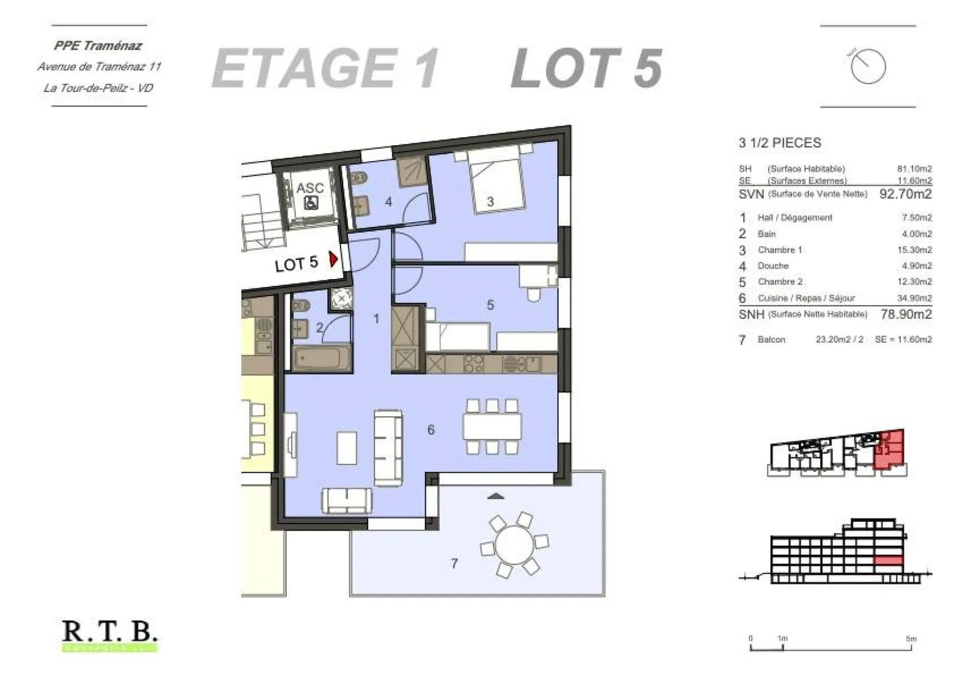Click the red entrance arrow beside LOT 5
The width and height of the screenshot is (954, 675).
334,259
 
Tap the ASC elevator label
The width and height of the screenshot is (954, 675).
309,188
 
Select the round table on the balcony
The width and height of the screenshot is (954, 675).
514,544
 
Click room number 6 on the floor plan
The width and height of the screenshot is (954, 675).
431,430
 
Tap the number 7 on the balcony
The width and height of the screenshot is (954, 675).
454,564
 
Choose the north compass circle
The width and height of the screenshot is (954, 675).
868,66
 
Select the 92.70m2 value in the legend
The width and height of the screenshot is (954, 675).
905,194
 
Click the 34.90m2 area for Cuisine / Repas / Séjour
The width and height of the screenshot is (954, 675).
914,298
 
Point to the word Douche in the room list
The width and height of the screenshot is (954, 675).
772,266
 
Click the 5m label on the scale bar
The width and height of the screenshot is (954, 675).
911,639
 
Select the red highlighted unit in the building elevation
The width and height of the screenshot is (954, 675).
888,561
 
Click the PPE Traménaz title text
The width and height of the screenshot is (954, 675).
98,46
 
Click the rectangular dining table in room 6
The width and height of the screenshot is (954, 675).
492,426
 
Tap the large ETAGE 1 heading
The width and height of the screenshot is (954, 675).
325,68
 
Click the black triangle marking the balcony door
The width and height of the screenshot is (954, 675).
496,496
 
